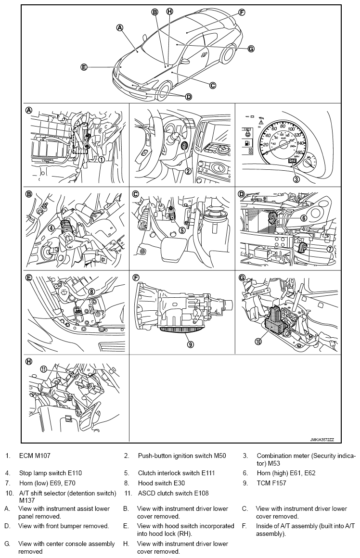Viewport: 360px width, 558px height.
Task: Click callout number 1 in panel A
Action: click(102, 159)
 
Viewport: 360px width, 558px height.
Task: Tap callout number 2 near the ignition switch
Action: click(189, 171)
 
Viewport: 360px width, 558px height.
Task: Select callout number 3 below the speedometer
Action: click(296, 179)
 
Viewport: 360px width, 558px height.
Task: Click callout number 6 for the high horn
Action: click(304, 218)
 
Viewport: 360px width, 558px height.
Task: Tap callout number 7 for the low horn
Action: click(330, 249)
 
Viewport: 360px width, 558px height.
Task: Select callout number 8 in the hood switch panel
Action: click(90, 291)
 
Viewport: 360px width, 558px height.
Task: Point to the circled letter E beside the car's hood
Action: click(84, 67)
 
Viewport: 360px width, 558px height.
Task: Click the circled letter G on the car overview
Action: click(251, 48)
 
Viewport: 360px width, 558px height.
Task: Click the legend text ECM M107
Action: click(35, 456)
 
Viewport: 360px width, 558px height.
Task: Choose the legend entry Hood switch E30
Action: click(161, 483)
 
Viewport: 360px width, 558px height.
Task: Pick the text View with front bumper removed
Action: click(64, 526)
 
